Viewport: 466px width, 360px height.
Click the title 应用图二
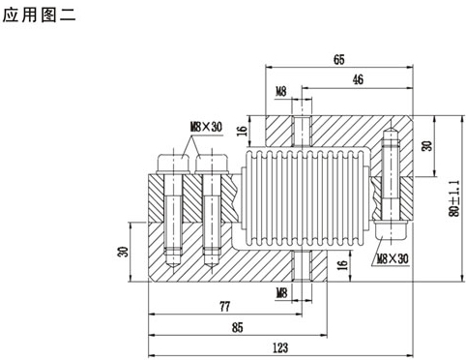[x=39, y=15]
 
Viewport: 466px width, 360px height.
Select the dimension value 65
[x=339, y=60]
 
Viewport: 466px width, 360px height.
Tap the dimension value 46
[x=358, y=79]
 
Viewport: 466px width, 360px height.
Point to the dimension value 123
[x=280, y=347]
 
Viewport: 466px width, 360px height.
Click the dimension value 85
[x=237, y=327]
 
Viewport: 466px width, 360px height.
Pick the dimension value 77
[x=224, y=306]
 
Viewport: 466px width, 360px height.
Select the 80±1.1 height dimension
[x=454, y=198]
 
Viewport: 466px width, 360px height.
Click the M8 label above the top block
[x=281, y=92]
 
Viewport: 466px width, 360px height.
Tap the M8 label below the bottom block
[x=281, y=293]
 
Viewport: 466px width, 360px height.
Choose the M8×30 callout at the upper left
[x=206, y=127]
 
